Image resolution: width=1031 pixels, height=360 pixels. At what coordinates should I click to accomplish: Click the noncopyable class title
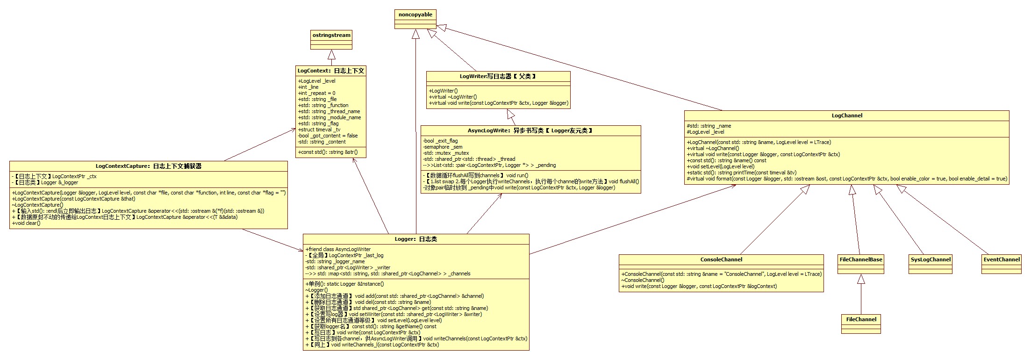(x=415, y=14)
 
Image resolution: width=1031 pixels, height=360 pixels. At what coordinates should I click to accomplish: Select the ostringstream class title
(x=331, y=35)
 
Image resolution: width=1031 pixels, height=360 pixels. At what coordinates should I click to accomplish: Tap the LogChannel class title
(x=847, y=115)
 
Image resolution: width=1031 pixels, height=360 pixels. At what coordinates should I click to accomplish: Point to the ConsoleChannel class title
(x=721, y=259)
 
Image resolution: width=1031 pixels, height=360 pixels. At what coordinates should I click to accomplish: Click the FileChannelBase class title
(x=861, y=259)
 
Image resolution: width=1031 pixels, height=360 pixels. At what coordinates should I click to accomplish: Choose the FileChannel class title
(x=861, y=319)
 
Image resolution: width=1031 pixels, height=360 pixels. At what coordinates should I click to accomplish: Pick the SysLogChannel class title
(x=931, y=259)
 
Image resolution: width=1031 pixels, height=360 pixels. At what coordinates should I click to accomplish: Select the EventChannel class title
(x=1002, y=259)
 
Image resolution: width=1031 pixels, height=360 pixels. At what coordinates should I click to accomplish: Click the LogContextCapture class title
(x=149, y=166)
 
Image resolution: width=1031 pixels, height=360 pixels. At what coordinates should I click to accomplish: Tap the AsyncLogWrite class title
(x=530, y=130)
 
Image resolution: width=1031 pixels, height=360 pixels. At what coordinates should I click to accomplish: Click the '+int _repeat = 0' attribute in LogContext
(x=316, y=93)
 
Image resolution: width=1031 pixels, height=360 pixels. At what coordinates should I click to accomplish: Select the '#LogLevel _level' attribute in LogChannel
(x=705, y=132)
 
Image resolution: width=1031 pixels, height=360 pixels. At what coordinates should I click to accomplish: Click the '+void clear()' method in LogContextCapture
(x=26, y=223)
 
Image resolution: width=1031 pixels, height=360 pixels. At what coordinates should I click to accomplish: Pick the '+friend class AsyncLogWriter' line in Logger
(x=338, y=249)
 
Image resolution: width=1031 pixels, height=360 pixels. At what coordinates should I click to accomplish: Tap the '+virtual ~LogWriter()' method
(x=453, y=97)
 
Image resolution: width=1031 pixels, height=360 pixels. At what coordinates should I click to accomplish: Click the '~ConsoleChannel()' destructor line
(x=643, y=280)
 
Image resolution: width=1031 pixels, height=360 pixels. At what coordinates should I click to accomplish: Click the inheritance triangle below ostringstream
(x=331, y=54)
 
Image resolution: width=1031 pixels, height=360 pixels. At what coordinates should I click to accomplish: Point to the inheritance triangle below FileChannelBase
(x=861, y=279)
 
